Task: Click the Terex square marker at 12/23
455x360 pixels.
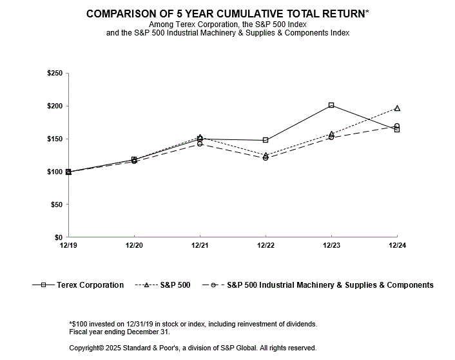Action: (331, 105)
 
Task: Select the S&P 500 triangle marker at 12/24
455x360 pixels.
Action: (397, 108)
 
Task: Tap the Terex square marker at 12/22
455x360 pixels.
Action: (266, 140)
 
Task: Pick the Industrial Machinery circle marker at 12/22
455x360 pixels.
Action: (266, 157)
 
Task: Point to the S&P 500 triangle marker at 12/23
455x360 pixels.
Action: (331, 134)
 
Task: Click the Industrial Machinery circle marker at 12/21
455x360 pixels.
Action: (200, 144)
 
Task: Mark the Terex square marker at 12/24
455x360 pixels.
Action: (397, 130)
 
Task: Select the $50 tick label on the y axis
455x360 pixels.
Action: (56, 205)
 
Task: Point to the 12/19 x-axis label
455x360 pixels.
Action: (68, 246)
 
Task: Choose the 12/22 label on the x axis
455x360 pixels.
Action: (266, 246)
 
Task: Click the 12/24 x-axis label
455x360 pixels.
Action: (397, 246)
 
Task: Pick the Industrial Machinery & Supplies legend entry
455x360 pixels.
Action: (318, 285)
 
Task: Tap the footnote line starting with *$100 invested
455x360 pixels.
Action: (193, 324)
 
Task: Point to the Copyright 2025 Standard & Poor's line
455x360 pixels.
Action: (192, 348)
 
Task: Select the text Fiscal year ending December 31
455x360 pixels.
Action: (119, 332)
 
